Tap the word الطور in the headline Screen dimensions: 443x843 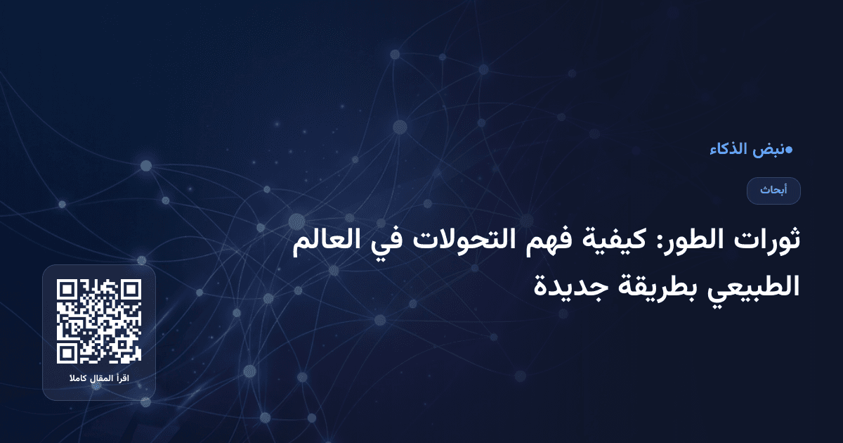[x=702, y=240]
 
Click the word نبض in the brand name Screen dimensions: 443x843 [x=769, y=150]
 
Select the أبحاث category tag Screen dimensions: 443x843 [x=773, y=191]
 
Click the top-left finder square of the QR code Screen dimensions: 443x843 [x=67, y=290]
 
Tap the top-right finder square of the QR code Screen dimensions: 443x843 [x=131, y=290]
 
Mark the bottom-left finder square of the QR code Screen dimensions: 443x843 [x=67, y=354]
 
